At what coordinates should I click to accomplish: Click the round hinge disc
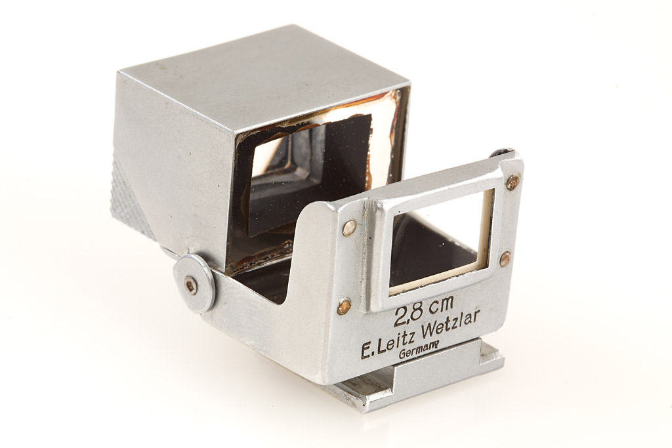[x=194, y=283]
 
